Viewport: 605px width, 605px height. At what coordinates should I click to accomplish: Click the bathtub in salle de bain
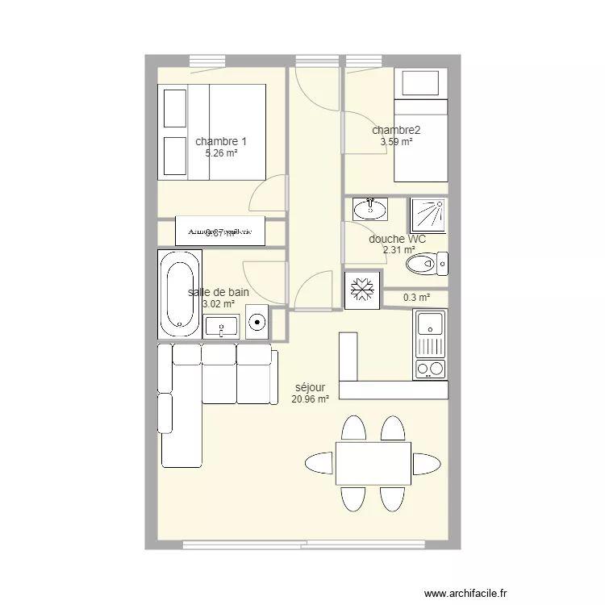tap(180, 294)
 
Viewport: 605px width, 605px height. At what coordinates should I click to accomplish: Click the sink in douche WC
tap(370, 210)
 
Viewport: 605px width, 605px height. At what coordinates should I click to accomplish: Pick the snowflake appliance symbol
tap(361, 288)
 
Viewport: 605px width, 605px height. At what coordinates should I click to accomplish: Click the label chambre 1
tap(221, 141)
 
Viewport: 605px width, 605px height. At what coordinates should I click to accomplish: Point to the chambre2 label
tap(396, 130)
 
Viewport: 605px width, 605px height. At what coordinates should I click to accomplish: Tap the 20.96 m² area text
tap(311, 398)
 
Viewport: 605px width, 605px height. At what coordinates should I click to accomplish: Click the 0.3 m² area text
tap(416, 298)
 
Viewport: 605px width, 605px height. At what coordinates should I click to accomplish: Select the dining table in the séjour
tap(373, 463)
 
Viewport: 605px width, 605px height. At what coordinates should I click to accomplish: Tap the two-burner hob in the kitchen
tap(431, 369)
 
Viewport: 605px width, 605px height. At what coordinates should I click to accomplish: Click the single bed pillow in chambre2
tap(419, 83)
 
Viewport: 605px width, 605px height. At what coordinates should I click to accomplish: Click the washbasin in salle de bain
tap(222, 327)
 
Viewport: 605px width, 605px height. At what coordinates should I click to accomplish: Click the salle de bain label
tap(218, 292)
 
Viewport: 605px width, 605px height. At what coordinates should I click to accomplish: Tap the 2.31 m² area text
tap(398, 250)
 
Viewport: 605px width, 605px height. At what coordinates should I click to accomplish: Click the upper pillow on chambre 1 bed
tap(175, 108)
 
